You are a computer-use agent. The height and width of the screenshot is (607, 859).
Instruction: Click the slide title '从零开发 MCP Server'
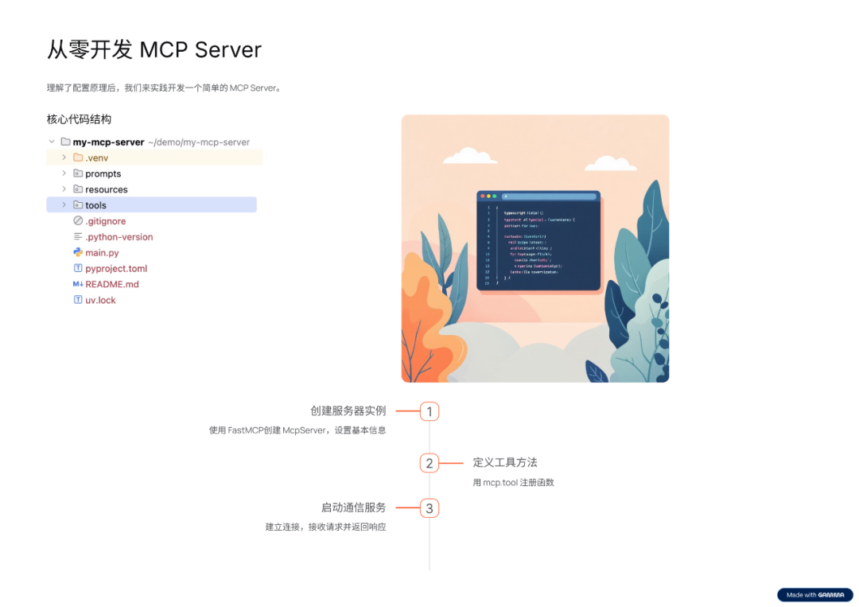154,49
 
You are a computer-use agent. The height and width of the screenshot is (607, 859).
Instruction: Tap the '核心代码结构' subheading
79,119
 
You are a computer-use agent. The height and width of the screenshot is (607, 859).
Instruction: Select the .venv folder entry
96,158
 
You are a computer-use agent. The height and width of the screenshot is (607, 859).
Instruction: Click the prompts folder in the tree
103,173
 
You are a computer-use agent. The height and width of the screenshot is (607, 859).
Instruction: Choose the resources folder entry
107,189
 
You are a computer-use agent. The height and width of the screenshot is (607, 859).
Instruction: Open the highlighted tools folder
95,205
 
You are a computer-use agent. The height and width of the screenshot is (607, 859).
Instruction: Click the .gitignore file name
105,221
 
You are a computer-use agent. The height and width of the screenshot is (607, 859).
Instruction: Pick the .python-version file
119,237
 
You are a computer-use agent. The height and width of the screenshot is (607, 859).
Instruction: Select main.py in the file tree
102,253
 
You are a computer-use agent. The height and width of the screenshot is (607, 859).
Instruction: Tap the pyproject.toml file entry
116,269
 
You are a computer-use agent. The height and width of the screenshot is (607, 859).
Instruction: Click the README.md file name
112,284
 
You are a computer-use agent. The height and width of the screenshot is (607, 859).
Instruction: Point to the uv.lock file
100,300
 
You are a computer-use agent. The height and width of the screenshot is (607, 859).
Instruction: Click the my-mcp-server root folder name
108,142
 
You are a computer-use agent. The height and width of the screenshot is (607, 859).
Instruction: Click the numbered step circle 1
429,411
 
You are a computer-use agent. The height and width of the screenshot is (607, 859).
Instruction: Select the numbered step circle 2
429,463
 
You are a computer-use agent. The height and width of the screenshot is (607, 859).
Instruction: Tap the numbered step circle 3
429,508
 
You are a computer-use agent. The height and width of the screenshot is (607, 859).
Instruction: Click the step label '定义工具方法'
505,462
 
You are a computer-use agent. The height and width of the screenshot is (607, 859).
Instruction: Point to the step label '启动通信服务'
353,508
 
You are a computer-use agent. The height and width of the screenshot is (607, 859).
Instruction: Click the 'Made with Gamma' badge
814,595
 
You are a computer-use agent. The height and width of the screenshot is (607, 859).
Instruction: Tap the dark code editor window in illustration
538,240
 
